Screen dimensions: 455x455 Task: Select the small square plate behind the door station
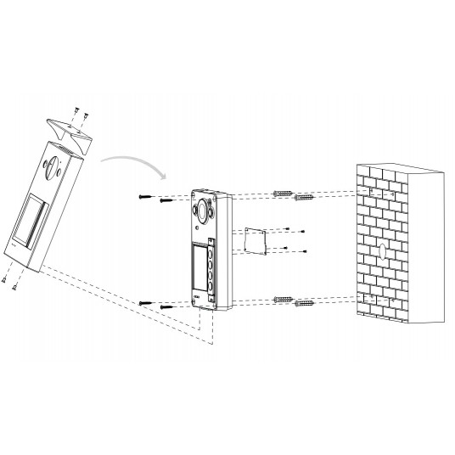(x=254, y=239)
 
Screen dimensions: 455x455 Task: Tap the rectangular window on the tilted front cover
(x=29, y=222)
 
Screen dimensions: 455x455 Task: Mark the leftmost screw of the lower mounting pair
(x=146, y=303)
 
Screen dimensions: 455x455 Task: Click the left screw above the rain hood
(x=75, y=110)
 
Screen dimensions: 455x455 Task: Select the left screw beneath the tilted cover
(x=4, y=279)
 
